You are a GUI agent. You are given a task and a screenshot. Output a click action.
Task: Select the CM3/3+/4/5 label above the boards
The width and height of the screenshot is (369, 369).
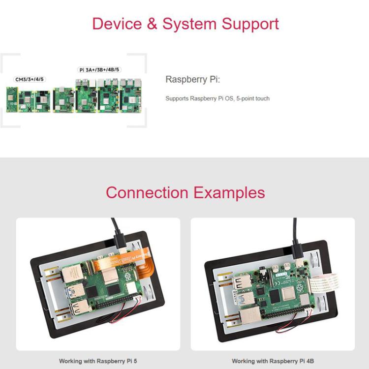[x=29, y=79]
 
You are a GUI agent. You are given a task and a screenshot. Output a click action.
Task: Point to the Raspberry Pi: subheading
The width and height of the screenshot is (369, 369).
[x=192, y=79]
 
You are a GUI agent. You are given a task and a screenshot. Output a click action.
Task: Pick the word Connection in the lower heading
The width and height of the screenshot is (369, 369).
[x=147, y=192]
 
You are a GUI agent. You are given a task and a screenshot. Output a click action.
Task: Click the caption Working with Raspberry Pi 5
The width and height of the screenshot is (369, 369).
[x=98, y=361]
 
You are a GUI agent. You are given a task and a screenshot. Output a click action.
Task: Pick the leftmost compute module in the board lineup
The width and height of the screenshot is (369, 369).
[x=11, y=99]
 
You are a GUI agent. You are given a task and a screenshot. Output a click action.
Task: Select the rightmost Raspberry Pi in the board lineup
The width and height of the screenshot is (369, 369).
[x=130, y=97]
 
